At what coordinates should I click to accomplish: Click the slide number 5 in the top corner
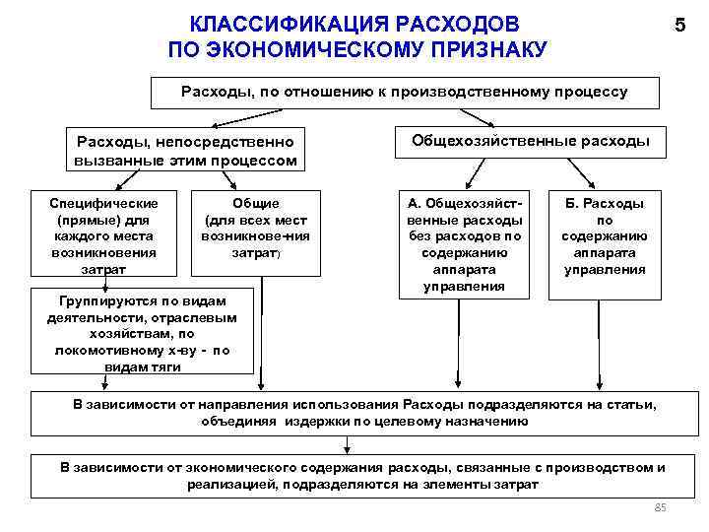679,27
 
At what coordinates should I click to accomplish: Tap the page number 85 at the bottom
661,507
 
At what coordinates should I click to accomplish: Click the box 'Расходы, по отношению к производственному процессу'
404,92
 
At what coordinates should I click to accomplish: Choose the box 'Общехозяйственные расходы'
529,141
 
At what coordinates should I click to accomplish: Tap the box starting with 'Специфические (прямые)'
102,234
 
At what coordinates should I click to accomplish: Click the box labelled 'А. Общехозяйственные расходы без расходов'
463,243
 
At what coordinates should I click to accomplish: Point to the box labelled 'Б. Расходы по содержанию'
604,235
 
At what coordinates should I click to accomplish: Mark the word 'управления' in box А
463,286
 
